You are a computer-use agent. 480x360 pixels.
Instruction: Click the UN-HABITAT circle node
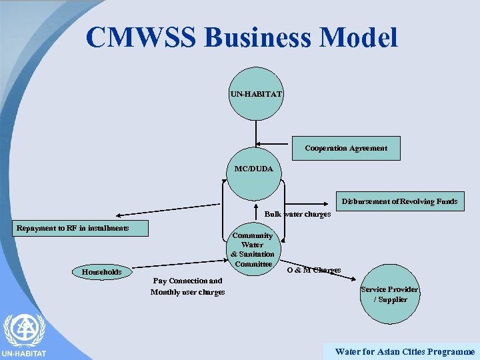click(x=256, y=93)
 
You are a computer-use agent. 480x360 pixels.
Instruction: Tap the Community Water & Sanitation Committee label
click(x=253, y=249)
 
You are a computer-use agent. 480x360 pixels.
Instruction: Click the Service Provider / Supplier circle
click(x=390, y=294)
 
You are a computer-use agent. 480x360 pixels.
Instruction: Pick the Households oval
click(x=101, y=271)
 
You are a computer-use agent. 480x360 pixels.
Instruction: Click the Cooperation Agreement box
click(x=346, y=148)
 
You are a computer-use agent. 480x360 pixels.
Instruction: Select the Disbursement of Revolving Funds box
click(x=399, y=201)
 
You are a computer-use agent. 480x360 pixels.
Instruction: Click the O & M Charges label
click(x=313, y=270)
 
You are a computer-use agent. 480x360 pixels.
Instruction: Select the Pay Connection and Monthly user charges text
click(x=187, y=286)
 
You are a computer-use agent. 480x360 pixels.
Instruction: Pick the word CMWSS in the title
click(x=141, y=37)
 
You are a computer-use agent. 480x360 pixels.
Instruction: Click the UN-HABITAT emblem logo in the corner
click(x=24, y=332)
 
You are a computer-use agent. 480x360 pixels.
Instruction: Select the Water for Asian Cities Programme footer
click(x=405, y=351)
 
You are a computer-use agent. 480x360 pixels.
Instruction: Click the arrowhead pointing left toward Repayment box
click(x=116, y=215)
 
